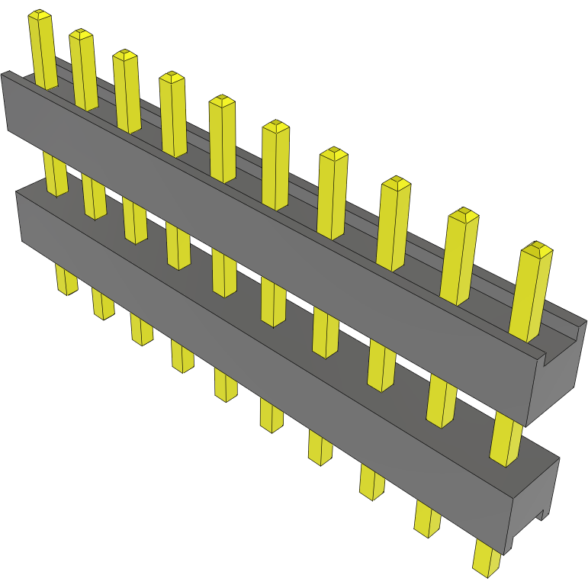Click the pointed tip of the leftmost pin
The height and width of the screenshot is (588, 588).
click(x=39, y=14)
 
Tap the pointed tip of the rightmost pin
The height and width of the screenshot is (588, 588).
click(x=538, y=247)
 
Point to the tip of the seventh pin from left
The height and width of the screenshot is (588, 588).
click(x=333, y=153)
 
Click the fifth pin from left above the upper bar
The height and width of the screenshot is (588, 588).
click(x=223, y=141)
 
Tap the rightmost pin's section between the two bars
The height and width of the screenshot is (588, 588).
click(x=506, y=439)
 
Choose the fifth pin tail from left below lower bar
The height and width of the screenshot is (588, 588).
click(x=225, y=385)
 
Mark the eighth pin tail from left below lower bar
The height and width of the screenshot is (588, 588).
click(x=371, y=483)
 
